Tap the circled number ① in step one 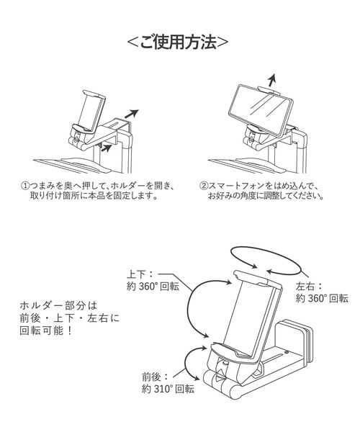26,184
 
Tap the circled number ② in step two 204,184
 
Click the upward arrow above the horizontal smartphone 271,79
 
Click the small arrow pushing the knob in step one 106,148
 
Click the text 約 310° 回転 168,389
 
